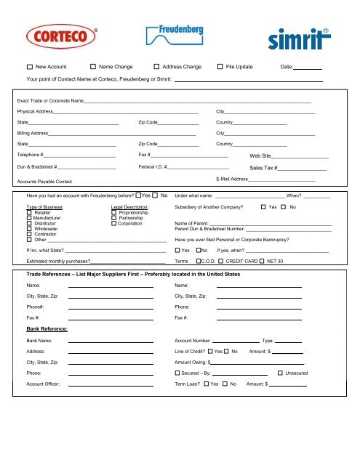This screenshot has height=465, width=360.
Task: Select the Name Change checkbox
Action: [92, 67]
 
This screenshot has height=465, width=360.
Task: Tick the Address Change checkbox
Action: [156, 67]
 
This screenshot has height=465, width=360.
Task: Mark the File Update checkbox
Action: [220, 67]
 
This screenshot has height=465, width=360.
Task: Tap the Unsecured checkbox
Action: [280, 372]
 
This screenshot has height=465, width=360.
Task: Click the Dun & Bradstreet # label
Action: [42, 166]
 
